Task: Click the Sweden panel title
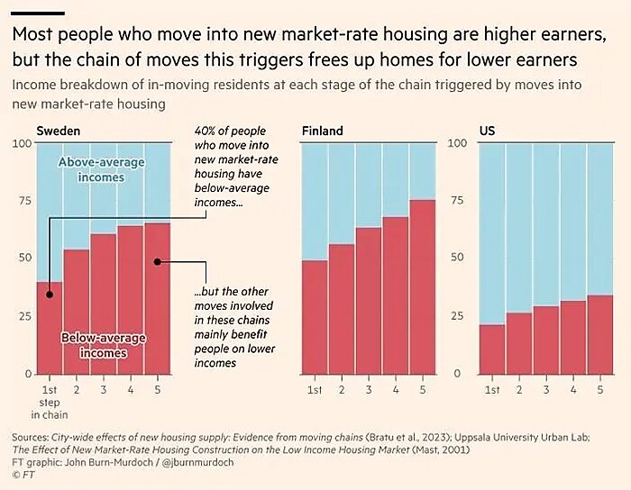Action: [58, 132]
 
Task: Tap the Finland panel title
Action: [322, 132]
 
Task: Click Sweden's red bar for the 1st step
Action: [50, 329]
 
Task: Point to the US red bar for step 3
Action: [546, 340]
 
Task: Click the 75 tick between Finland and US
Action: [457, 201]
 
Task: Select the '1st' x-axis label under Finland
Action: [315, 390]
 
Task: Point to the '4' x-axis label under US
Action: [572, 390]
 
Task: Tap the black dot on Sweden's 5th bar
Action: [157, 262]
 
